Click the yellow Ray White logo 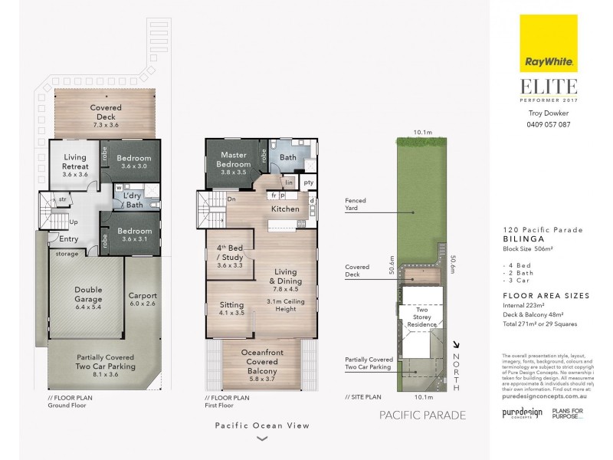pyautogui.click(x=548, y=43)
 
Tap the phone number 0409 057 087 pyautogui.click(x=548, y=124)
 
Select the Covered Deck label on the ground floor pyautogui.click(x=106, y=113)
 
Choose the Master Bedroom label pyautogui.click(x=234, y=159)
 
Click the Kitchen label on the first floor pyautogui.click(x=286, y=209)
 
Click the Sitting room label pyautogui.click(x=231, y=308)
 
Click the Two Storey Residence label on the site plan pyautogui.click(x=421, y=319)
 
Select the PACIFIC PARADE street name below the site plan pyautogui.click(x=422, y=416)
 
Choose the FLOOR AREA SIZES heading pyautogui.click(x=545, y=295)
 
